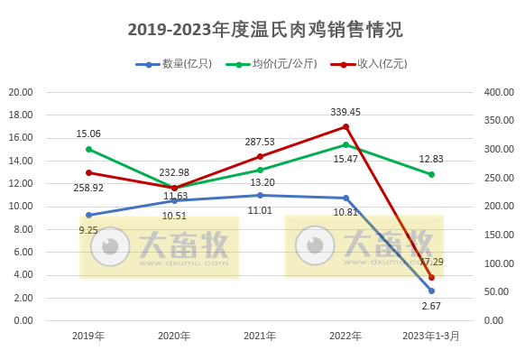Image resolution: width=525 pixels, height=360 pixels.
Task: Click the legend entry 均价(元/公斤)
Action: [x=284, y=64]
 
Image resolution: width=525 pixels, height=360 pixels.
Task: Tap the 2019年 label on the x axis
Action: [x=88, y=336]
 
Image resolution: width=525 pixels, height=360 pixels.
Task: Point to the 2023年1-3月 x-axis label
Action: [x=431, y=336]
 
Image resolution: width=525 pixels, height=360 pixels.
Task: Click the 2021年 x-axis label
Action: [x=260, y=336]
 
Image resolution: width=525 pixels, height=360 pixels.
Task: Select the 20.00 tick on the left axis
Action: [x=21, y=92]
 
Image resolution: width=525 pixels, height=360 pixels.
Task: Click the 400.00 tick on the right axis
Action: [x=499, y=92]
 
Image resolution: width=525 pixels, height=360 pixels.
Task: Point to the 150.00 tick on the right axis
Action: [x=499, y=235]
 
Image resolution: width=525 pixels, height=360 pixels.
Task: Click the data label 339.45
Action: [x=345, y=112]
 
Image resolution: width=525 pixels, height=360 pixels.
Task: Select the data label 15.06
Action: [x=88, y=134]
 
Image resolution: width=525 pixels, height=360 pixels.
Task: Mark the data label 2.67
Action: [x=431, y=307]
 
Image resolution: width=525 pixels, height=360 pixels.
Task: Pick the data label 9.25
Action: [x=88, y=231]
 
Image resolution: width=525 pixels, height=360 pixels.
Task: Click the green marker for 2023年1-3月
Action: [x=431, y=174]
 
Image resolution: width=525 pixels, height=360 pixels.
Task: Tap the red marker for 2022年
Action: [x=345, y=126]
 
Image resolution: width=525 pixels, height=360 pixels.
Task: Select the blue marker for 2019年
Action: [x=88, y=215]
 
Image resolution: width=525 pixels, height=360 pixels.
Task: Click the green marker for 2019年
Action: [x=88, y=149]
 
